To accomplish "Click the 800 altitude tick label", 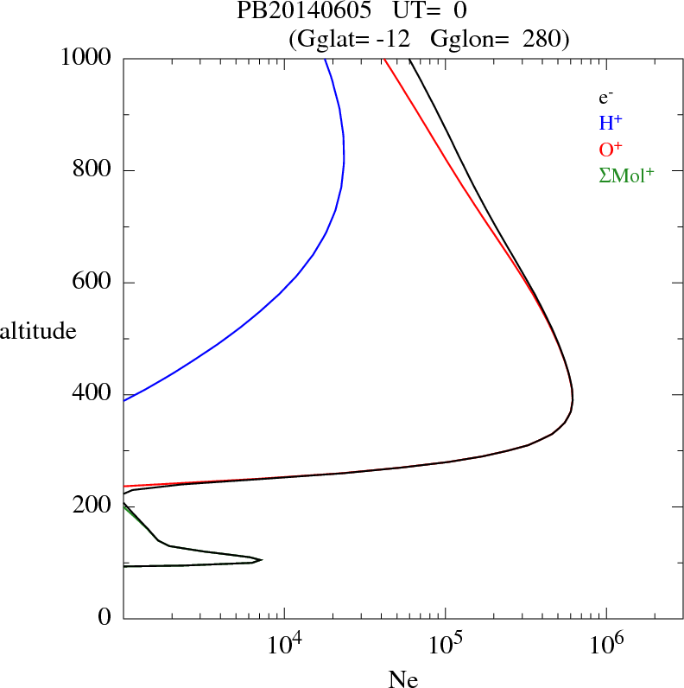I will pos(94,170).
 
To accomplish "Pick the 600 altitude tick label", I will pos(94,283).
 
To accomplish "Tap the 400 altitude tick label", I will pos(94,394).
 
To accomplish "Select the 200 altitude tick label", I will pos(94,506).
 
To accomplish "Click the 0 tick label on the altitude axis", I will pos(105,618).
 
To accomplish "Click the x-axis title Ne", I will pos(402,678).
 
